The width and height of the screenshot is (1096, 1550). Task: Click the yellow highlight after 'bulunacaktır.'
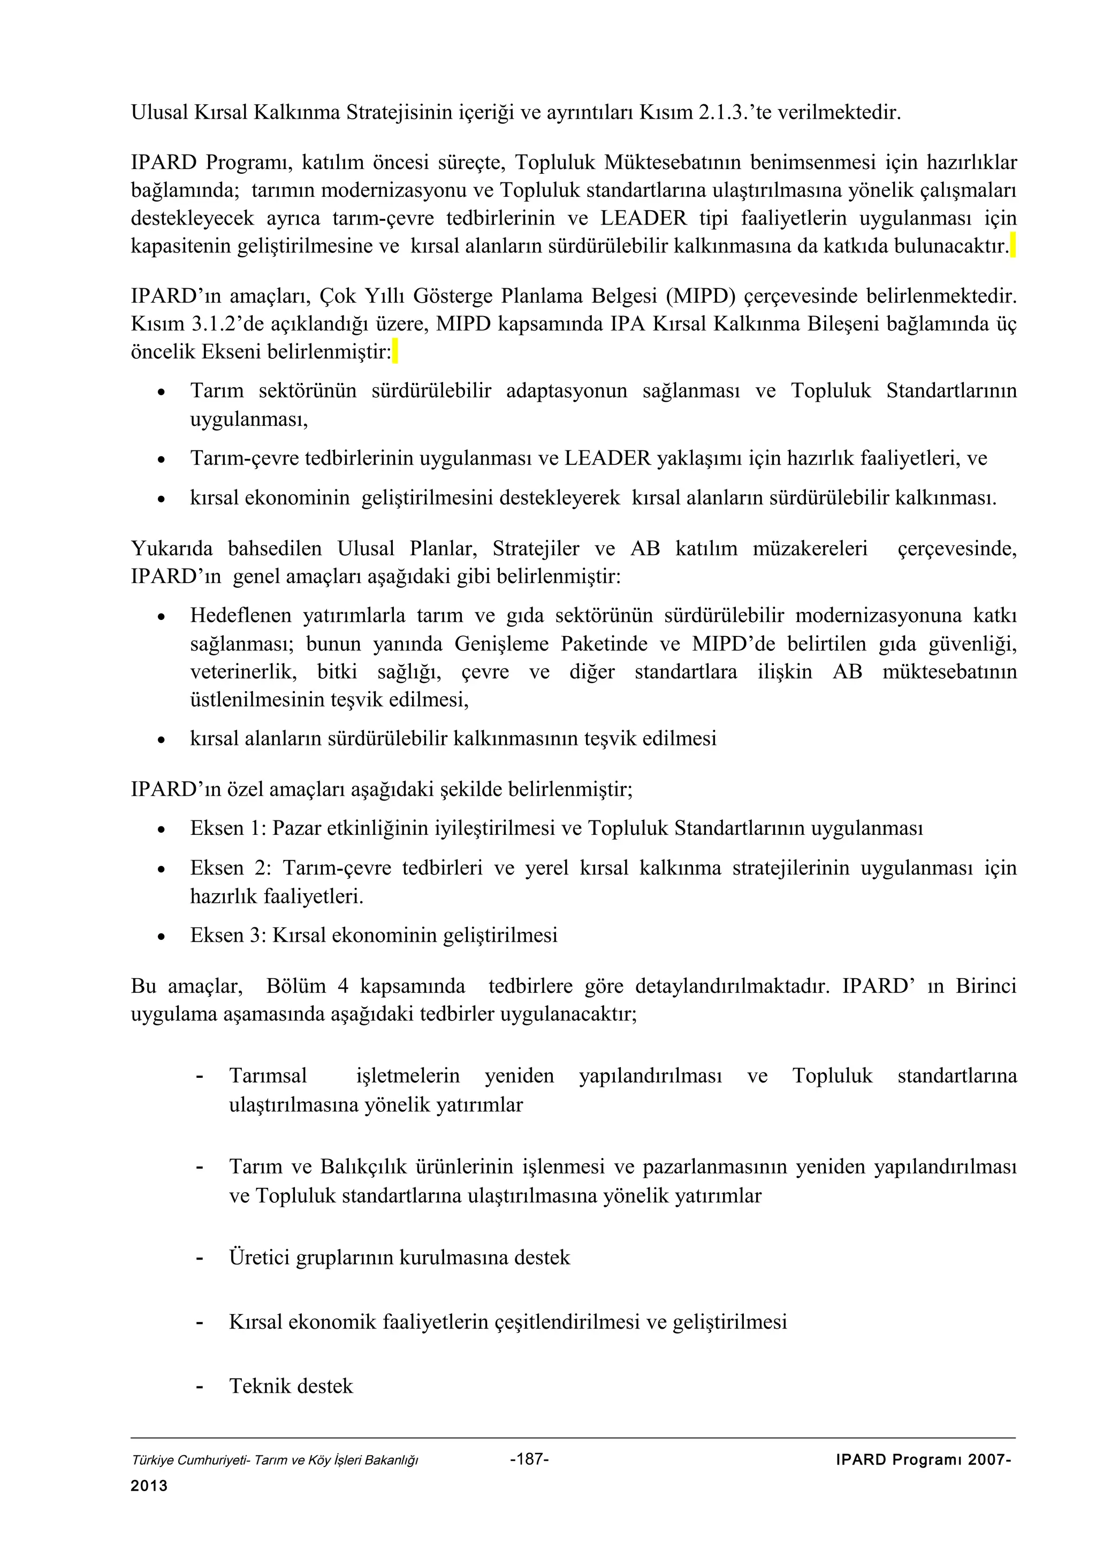click(x=1013, y=245)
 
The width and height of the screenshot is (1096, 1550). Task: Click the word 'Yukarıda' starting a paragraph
click(x=172, y=548)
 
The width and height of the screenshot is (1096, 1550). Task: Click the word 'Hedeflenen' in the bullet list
click(x=239, y=615)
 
